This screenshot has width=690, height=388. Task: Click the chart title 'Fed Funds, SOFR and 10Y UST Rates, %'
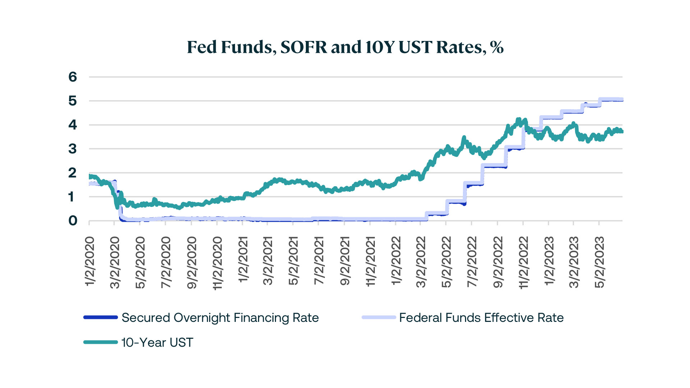point(345,47)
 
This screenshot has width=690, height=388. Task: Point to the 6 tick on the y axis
point(73,77)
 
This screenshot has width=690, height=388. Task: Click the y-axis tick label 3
point(73,149)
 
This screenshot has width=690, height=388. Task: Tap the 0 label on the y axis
point(73,221)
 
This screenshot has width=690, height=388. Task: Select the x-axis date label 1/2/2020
point(89,262)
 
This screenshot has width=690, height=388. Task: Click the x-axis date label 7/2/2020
point(166,262)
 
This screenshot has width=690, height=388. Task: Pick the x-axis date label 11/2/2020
point(217,263)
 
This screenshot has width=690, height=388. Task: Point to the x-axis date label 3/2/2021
point(268,262)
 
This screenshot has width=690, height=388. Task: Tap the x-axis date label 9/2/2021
point(345,262)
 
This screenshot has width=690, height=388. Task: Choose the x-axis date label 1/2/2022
point(396,262)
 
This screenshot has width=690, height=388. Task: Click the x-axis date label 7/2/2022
point(472,262)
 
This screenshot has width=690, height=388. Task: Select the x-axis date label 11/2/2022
point(524,263)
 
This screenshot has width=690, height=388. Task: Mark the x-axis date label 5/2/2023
point(599,262)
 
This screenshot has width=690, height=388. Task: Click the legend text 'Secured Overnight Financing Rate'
point(220,318)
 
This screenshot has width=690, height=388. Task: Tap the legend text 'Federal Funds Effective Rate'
point(481,318)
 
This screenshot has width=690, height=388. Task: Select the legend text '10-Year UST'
point(157,342)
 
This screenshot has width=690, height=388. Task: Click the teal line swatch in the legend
point(101,342)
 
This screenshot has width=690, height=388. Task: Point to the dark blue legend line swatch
point(101,318)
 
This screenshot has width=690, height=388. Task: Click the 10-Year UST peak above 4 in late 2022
point(518,120)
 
